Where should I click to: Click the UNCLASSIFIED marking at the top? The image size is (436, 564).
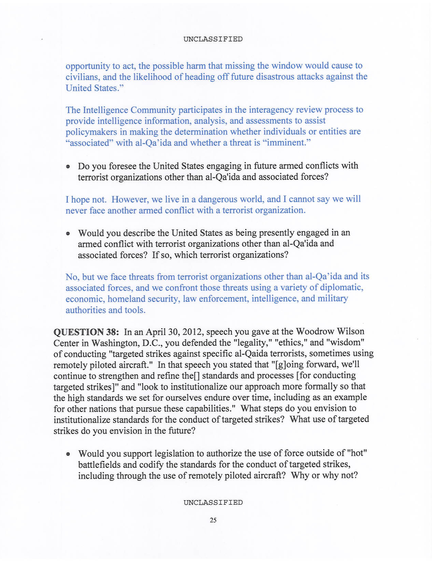[213, 39]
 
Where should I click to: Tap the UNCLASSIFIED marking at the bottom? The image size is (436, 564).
[213, 502]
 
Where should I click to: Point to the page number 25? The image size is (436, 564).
[213, 520]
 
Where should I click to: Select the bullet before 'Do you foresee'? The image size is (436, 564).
[68, 167]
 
